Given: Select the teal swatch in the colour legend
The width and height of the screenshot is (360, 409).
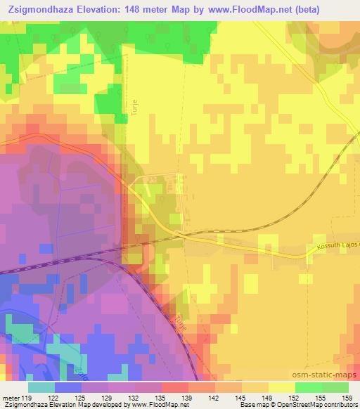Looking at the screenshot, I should tap(41, 387).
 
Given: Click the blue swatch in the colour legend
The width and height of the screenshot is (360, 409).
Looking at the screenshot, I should tap(68, 387).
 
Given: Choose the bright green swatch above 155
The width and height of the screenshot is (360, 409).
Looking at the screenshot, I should tap(308, 387).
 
